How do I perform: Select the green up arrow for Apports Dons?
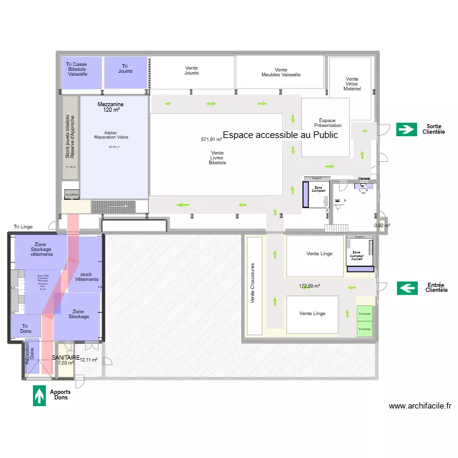40,395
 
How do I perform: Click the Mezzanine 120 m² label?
111,107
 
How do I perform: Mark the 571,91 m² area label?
211,139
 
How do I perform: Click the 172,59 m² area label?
310,285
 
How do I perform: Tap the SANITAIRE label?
66,357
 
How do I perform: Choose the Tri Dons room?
24,327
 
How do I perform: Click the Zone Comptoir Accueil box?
357,254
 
